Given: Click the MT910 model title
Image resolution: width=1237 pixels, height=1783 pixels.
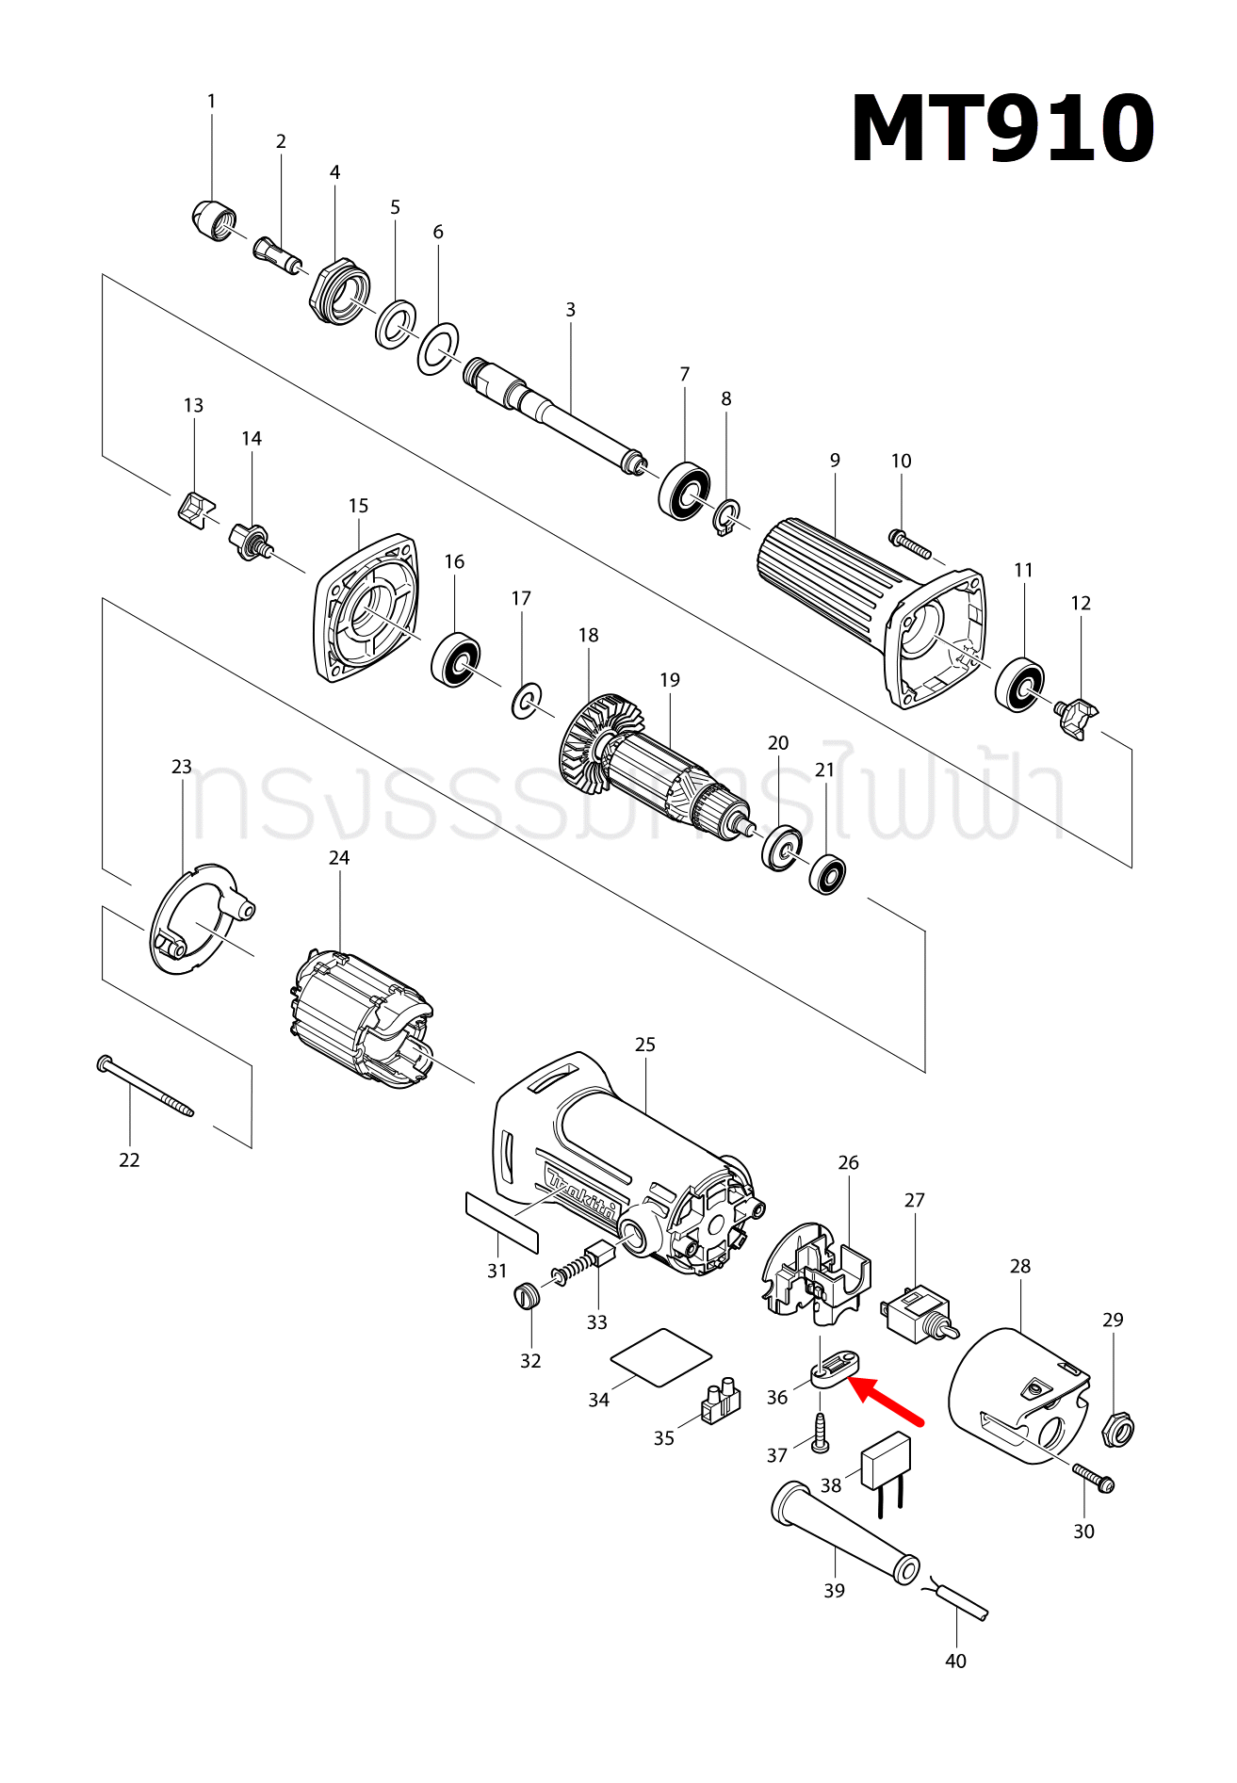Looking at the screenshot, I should pyautogui.click(x=1001, y=130).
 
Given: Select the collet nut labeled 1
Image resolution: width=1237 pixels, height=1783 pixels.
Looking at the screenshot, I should pyautogui.click(x=213, y=221).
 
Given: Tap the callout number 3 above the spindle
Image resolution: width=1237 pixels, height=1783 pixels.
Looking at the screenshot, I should pyautogui.click(x=570, y=309).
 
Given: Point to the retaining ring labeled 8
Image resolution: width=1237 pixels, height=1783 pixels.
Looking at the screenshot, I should pyautogui.click(x=727, y=518).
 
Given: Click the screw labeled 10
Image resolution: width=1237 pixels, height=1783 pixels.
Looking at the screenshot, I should pyautogui.click(x=909, y=543).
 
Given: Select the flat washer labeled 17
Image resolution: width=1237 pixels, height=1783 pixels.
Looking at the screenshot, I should pyautogui.click(x=526, y=701).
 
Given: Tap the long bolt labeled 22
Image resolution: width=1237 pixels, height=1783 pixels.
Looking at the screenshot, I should pyautogui.click(x=145, y=1087).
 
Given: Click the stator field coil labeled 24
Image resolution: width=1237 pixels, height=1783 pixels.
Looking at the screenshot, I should pyautogui.click(x=362, y=1022).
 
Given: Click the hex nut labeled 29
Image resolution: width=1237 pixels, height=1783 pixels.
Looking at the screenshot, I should pyautogui.click(x=1117, y=1431).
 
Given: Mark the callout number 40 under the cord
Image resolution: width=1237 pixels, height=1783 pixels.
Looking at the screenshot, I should pyautogui.click(x=955, y=1661).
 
